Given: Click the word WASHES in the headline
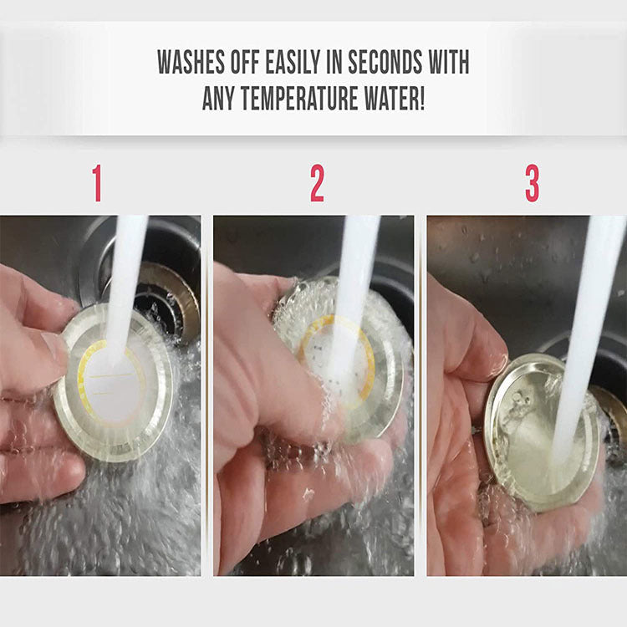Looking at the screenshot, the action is point(191,62).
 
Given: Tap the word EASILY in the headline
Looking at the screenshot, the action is point(293,62).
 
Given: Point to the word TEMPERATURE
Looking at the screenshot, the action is point(299,98).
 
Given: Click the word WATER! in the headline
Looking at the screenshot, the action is point(394,98).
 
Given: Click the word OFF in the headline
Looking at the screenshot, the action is point(245,62).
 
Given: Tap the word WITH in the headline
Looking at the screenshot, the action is point(449,62).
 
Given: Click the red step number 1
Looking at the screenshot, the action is point(97,183).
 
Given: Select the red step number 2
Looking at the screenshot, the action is point(317,183).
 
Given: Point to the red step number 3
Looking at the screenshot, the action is point(533,183).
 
